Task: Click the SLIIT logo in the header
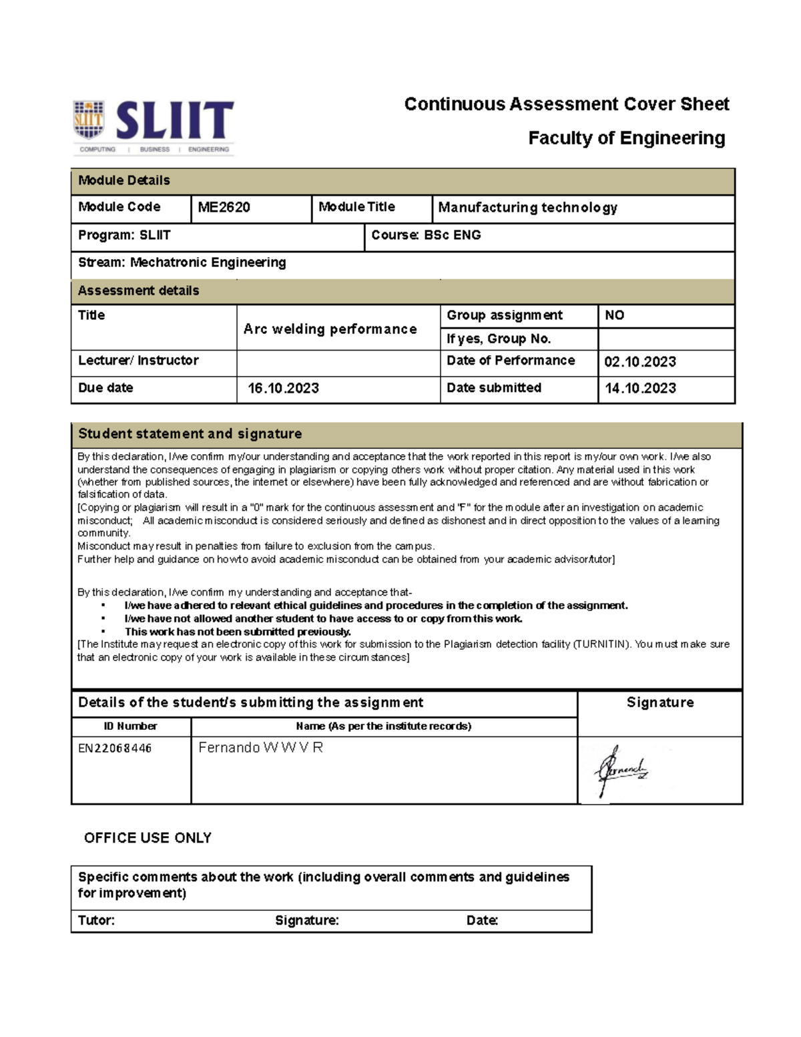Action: tap(154, 127)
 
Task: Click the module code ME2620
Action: tap(224, 208)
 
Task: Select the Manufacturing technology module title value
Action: tap(527, 208)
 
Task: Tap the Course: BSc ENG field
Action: tap(426, 235)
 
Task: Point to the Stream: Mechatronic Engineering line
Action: tap(182, 262)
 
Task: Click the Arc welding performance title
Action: tap(330, 329)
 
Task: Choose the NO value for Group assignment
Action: tap(614, 315)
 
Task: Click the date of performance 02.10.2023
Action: tap(639, 362)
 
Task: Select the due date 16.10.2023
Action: tap(283, 389)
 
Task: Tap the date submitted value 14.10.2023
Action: tap(639, 389)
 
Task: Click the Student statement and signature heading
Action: tap(190, 434)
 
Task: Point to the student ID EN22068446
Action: tap(115, 749)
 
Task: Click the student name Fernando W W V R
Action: tap(260, 748)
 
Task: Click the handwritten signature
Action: tap(621, 771)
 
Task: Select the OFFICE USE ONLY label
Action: tap(148, 838)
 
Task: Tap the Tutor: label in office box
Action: tap(96, 921)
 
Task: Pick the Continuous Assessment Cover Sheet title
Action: tap(566, 104)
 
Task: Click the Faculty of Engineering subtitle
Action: tap(626, 138)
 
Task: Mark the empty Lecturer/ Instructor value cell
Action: tap(338, 363)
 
